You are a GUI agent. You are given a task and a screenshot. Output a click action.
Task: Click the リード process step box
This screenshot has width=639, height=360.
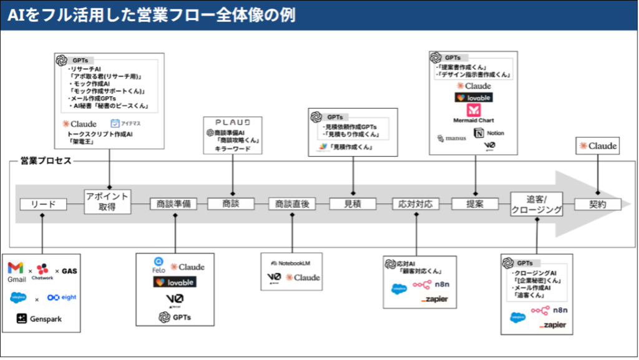tap(43, 204)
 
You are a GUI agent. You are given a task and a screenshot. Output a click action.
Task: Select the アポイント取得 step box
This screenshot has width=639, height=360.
tap(107, 202)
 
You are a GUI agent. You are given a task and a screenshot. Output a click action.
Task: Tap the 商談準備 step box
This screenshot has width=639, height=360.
tap(173, 204)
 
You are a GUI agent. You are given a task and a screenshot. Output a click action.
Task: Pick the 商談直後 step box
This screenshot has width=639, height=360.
tap(292, 204)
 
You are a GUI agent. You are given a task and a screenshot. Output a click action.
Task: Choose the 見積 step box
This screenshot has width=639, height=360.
tap(353, 204)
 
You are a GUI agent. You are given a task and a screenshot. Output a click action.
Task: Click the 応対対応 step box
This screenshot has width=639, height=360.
tap(416, 204)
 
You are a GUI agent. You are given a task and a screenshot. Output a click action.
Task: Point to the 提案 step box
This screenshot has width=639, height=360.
tap(474, 204)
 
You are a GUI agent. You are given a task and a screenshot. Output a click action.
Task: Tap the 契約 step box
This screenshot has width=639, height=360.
tap(598, 204)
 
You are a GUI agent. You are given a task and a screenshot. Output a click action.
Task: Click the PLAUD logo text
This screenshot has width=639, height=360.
tap(233, 122)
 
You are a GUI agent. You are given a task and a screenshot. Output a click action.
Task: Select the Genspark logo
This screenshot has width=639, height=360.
tap(39, 319)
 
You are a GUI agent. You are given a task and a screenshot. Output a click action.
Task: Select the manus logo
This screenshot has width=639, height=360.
tap(450, 138)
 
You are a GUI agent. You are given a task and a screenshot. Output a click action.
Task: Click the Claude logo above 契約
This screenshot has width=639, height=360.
tap(598, 146)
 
